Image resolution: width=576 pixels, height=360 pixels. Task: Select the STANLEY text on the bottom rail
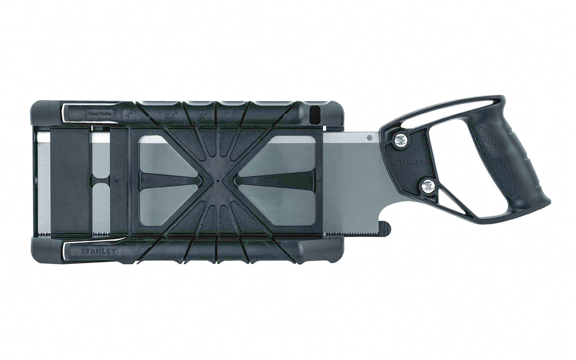point(98,252)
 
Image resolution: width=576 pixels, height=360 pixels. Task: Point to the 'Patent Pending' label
point(100,113)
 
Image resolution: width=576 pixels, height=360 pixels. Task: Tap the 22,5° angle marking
point(171,114)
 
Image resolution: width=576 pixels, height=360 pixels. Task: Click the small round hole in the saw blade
point(370,138)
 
